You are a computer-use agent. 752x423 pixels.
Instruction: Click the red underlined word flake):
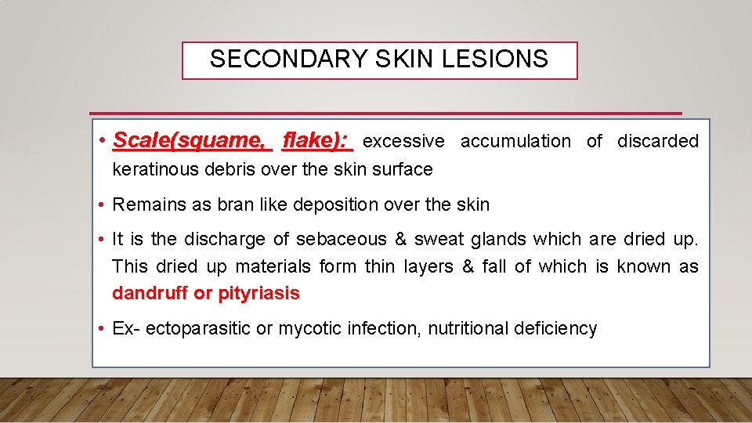click(x=318, y=141)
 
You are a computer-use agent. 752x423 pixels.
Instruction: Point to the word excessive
click(x=403, y=142)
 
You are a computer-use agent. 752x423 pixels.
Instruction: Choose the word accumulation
click(x=515, y=142)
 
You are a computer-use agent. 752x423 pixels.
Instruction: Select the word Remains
click(x=146, y=205)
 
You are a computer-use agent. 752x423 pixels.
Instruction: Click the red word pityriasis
click(x=258, y=294)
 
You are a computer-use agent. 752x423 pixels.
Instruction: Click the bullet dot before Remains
click(x=103, y=205)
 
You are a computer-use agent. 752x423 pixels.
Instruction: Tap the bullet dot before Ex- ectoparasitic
click(x=103, y=329)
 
